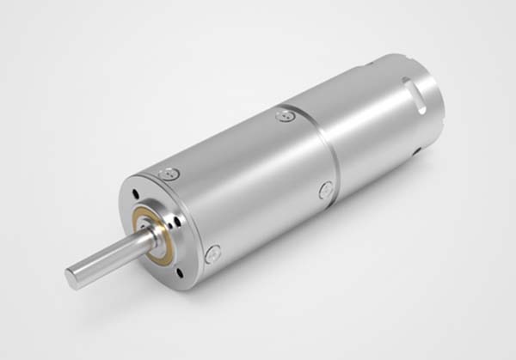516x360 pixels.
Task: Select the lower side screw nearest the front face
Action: tap(212, 253)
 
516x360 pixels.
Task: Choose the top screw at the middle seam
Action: tap(285, 114)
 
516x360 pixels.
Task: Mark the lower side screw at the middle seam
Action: tap(326, 191)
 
